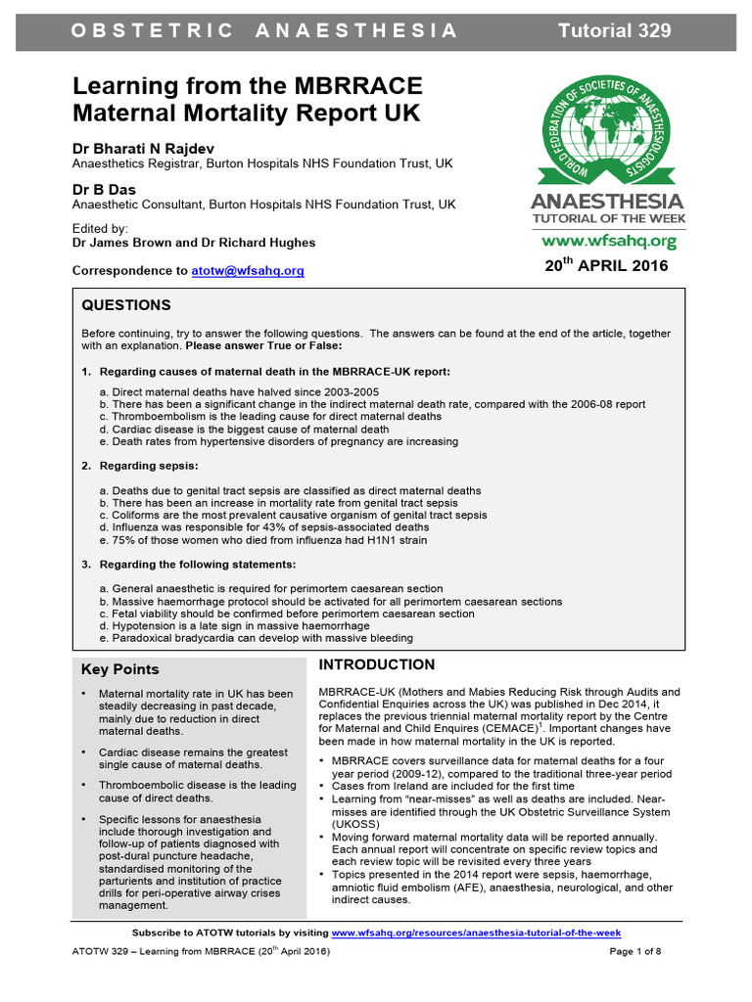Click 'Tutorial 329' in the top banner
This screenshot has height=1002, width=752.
[614, 30]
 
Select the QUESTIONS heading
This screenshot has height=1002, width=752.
[125, 305]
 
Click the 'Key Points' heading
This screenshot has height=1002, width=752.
[119, 669]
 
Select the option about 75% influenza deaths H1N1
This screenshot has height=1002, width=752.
[263, 539]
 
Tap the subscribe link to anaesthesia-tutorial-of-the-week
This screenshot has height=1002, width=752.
[476, 934]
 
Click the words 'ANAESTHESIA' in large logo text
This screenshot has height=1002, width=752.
[606, 203]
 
